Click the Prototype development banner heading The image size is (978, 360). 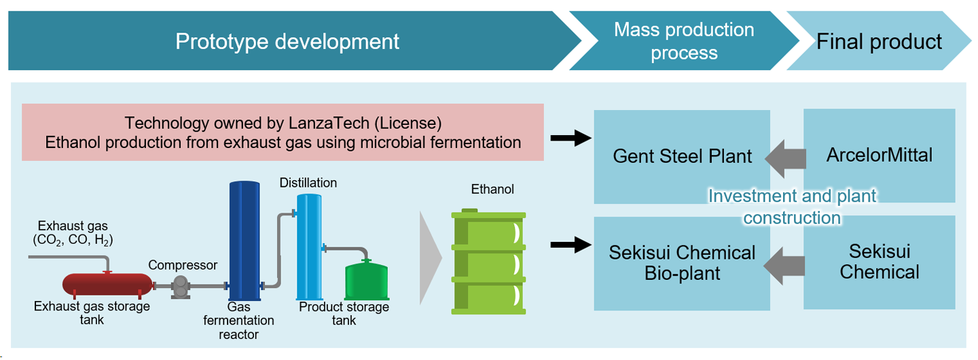pos(287,41)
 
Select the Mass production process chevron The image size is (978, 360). pos(684,41)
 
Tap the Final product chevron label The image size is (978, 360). pos(879,42)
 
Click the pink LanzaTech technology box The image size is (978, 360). pos(283,133)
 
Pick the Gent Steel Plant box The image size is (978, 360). pos(682,156)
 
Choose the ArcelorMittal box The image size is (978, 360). pos(880,155)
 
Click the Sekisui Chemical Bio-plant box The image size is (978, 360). pos(682,263)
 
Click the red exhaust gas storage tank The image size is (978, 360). pos(107,285)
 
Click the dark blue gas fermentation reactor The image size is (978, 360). pos(244,241)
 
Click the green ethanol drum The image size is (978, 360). pos(488,262)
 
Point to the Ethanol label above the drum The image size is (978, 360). pos(492,190)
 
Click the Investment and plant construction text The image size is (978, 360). pos(793,207)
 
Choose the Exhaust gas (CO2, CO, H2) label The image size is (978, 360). pos(73,232)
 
